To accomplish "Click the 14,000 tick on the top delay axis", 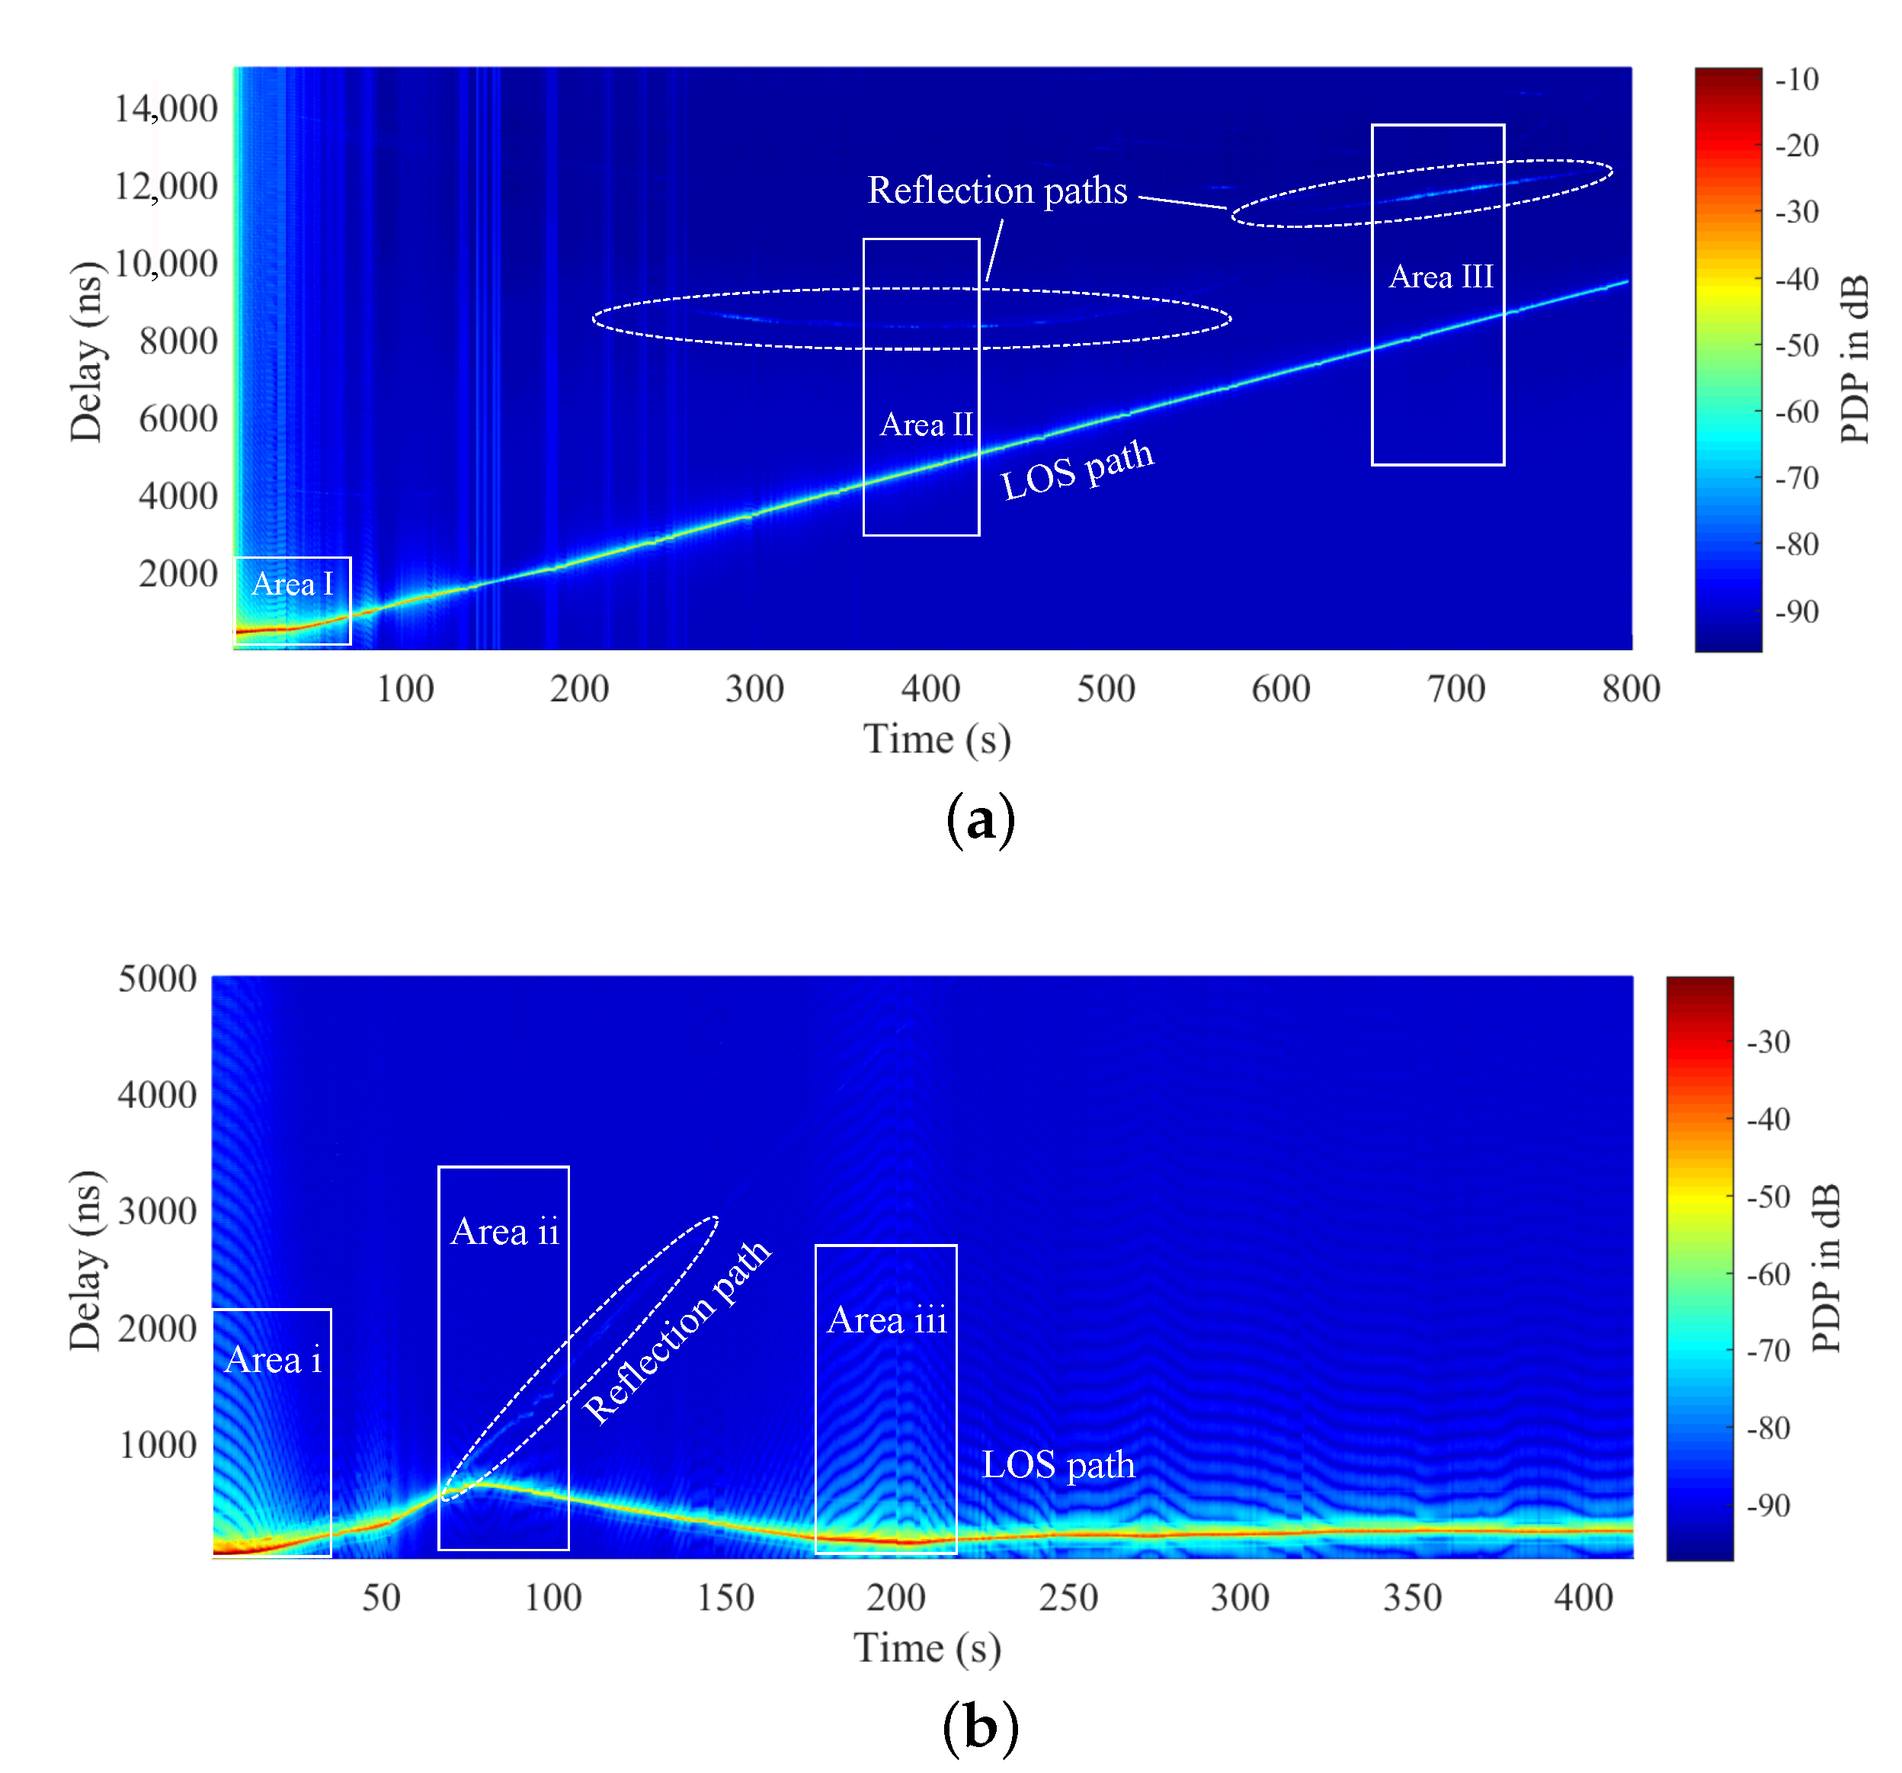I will tap(165, 109).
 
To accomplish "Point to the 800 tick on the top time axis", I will tap(1630, 689).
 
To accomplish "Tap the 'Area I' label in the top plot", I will tap(292, 584).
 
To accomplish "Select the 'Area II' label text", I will tap(925, 424).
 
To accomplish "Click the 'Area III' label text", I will tap(1441, 277).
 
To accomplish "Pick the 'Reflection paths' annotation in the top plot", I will tap(997, 191).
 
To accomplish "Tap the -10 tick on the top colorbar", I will tap(1796, 79).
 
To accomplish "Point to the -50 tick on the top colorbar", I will tap(1796, 345).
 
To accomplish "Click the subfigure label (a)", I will tap(980, 820).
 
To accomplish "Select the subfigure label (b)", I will tap(980, 1728).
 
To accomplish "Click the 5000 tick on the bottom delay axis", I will tap(157, 979).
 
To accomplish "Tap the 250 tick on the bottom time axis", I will tap(1068, 1597).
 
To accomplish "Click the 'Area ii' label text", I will tap(504, 1232).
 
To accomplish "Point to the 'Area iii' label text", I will tap(887, 1319).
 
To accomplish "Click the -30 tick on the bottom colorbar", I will tap(1768, 1041).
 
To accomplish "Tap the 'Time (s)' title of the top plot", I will tap(937, 739).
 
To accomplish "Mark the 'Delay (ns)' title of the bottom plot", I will tap(85, 1260).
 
